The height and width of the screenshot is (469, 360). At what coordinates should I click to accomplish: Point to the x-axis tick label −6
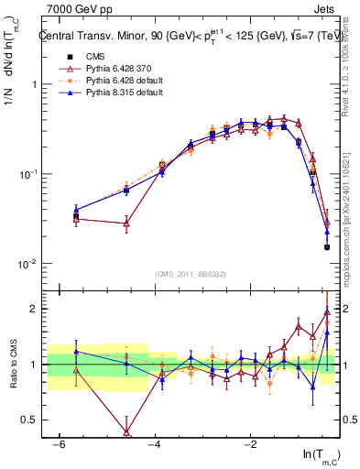tap(58, 444)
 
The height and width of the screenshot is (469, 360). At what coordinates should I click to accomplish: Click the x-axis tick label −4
tap(154, 444)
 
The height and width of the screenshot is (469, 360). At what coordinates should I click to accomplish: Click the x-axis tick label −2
tap(250, 444)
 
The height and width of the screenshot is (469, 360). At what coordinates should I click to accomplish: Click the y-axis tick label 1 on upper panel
tap(31, 84)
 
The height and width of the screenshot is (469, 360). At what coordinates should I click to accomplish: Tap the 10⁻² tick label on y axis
tap(27, 264)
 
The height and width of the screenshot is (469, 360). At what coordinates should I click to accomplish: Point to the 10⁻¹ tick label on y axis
tap(27, 174)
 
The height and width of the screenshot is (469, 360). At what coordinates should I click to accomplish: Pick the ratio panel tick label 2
tap(31, 309)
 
